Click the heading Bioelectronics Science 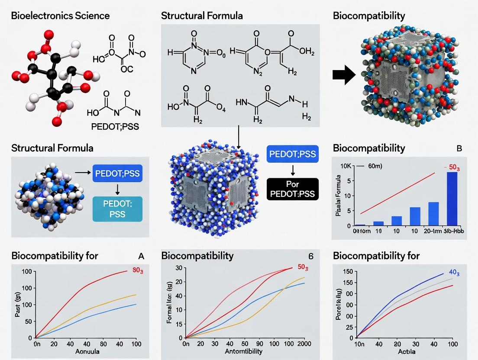coord(60,16)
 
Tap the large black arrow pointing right coord(344,74)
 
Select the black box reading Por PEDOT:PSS coord(293,189)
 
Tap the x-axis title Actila coord(404,351)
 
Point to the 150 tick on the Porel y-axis coord(346,271)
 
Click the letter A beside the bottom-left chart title coord(140,256)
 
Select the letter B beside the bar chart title coord(459,148)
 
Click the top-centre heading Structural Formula coord(202,16)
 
